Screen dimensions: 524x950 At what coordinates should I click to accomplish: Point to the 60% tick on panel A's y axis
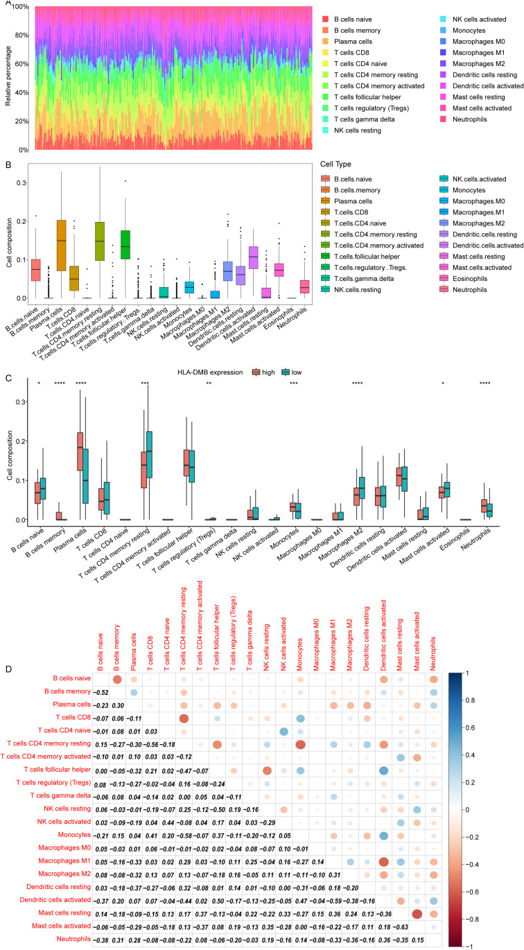(x=21, y=64)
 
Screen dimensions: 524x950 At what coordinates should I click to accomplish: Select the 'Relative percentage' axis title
(x=8, y=76)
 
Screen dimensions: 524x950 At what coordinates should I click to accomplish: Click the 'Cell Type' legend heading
(x=335, y=164)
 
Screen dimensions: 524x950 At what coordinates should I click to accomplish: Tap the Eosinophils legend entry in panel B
(x=464, y=279)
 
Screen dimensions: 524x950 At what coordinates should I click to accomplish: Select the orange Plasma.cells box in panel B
(x=62, y=245)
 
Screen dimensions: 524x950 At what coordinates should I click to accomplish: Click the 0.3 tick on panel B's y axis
(x=21, y=183)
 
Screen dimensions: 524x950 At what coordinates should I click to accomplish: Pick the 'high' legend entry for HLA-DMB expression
(x=263, y=372)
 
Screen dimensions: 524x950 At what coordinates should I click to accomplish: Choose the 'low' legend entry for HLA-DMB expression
(x=292, y=372)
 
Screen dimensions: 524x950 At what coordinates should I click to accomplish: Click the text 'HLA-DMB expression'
(x=210, y=372)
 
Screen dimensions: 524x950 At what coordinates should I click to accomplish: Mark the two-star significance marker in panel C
(x=209, y=384)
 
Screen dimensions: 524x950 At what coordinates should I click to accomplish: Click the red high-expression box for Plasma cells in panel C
(x=80, y=451)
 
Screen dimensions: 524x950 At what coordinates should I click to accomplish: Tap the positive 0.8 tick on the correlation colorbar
(x=470, y=700)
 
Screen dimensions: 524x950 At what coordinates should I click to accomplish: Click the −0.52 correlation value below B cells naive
(x=101, y=693)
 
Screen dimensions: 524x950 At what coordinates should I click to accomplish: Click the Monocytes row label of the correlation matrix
(x=74, y=835)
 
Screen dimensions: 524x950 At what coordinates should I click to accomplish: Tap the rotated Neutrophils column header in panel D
(x=433, y=653)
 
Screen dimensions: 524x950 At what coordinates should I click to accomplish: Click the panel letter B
(x=8, y=164)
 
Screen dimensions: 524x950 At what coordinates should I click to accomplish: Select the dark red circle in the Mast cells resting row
(x=417, y=914)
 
